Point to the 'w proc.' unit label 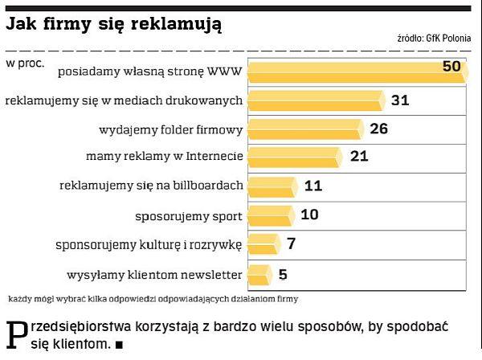coord(25,61)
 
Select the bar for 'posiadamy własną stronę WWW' coord(353,72)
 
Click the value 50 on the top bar coord(451,65)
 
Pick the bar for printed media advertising coord(314,100)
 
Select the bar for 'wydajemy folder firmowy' coord(304,129)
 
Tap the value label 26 coord(379,129)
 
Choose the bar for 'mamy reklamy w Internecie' coord(294,156)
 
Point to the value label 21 coord(359,156)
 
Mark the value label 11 coord(313,186)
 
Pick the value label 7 coord(292,243)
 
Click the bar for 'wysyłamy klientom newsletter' coord(259,274)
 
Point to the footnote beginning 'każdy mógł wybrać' coord(153,300)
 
